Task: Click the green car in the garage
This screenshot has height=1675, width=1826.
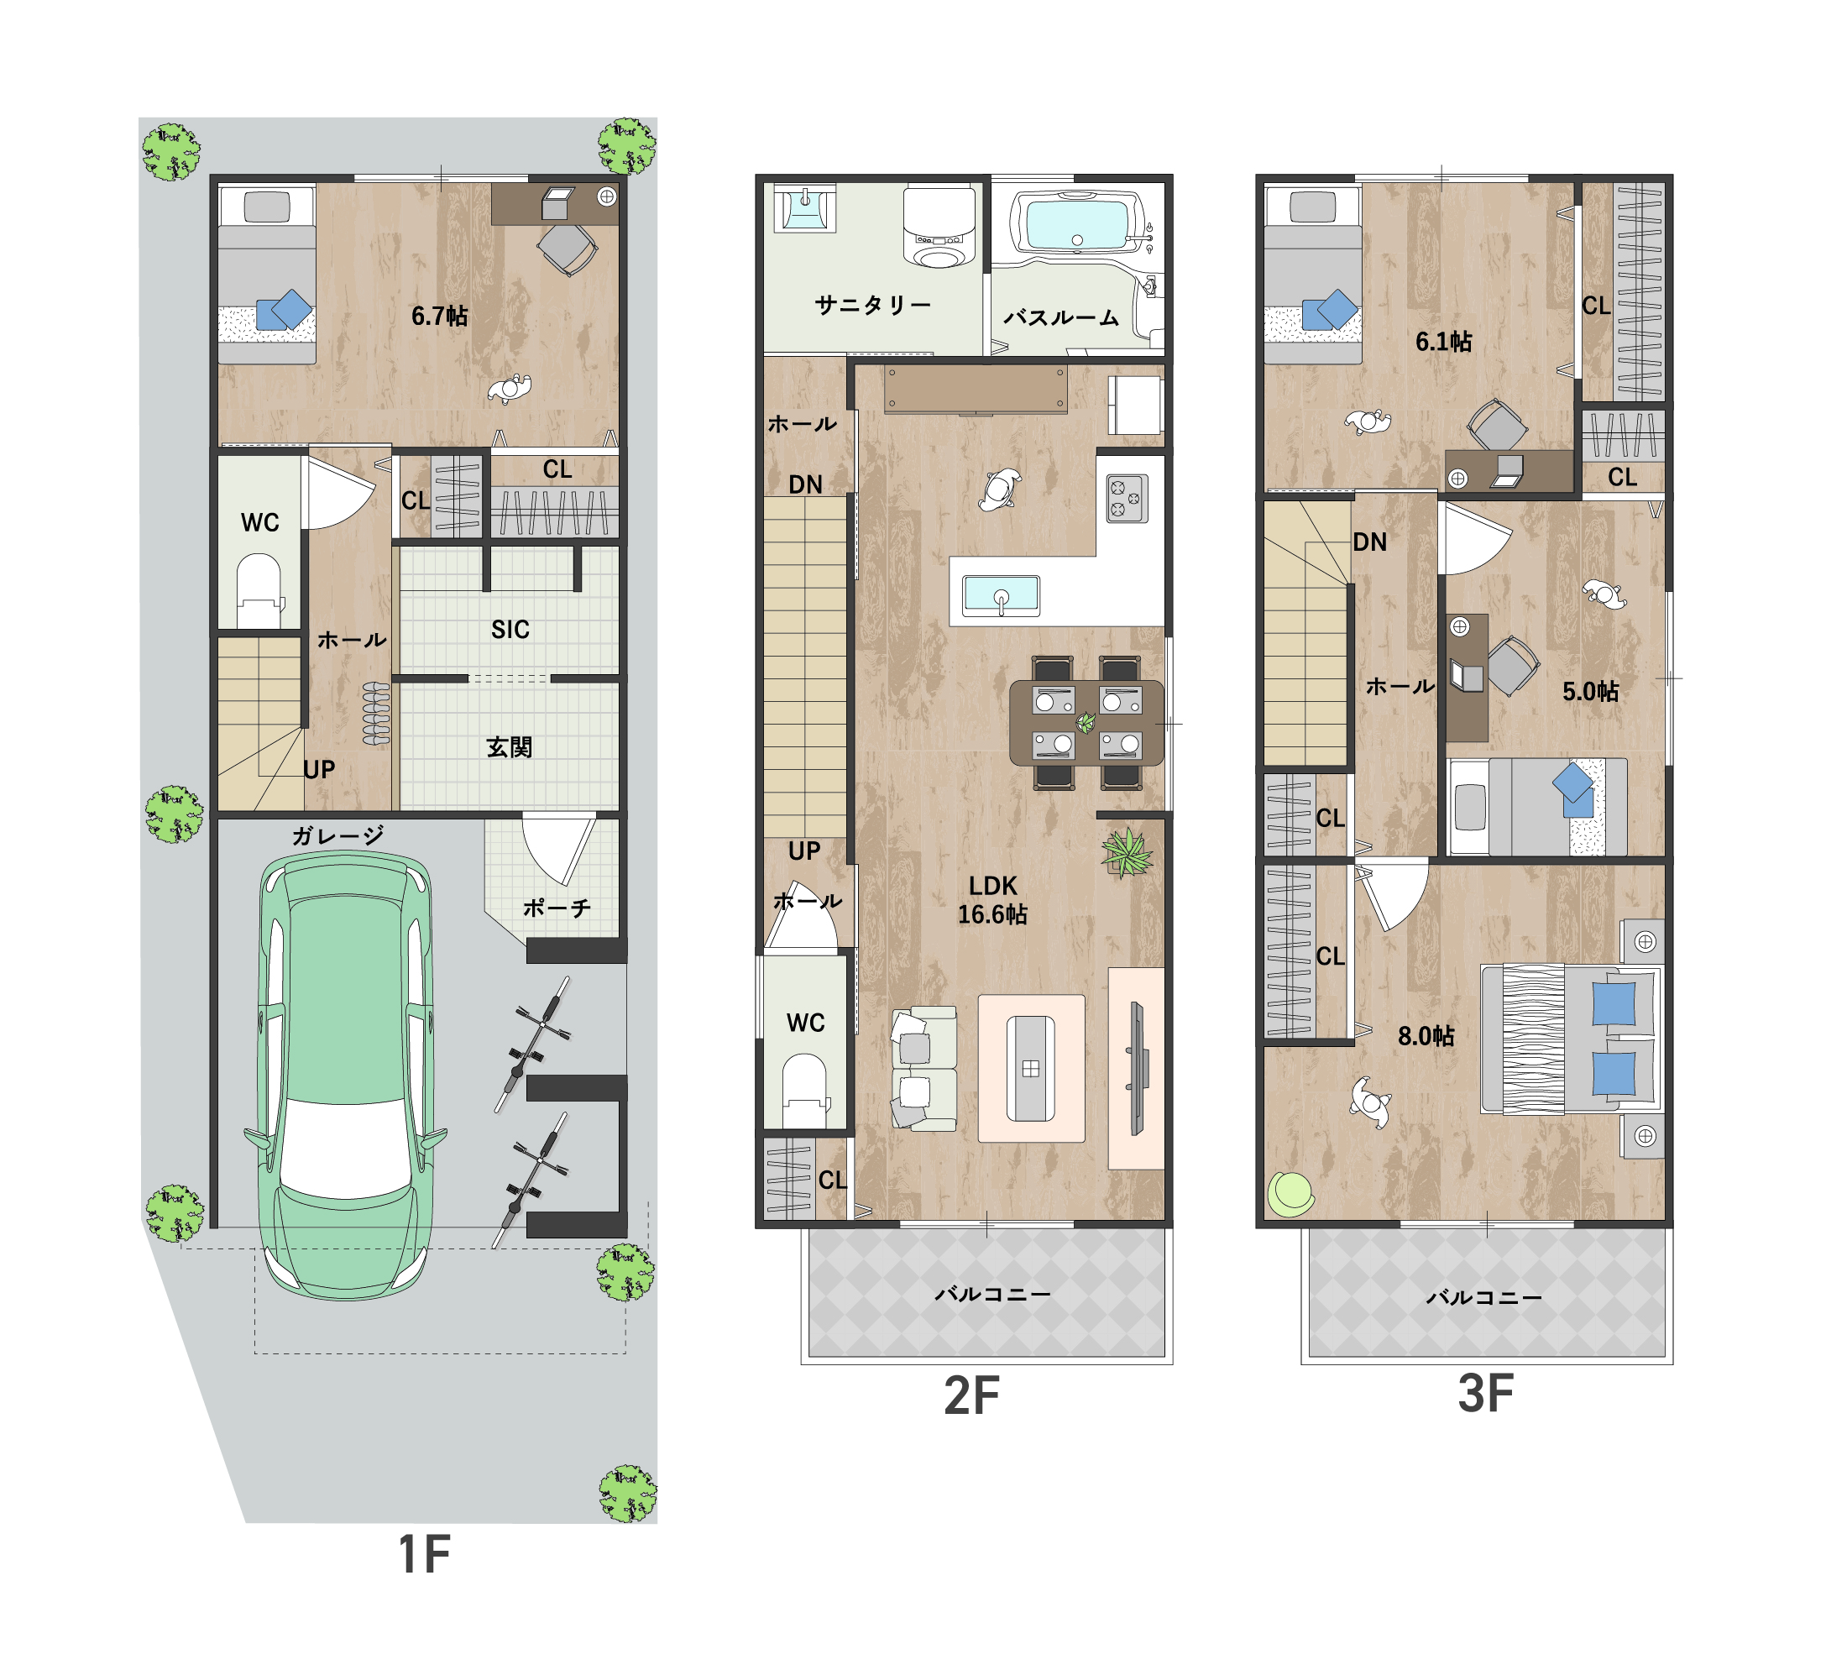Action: [x=345, y=1076]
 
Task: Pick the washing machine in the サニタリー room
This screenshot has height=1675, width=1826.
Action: [x=939, y=227]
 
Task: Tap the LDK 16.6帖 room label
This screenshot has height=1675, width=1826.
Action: [x=992, y=900]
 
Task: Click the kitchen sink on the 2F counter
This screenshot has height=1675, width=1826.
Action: [x=1001, y=596]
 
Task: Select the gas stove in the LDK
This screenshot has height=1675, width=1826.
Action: [x=1127, y=499]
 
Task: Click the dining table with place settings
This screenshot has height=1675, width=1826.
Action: [x=1086, y=722]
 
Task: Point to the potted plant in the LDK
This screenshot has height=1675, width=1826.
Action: [x=1127, y=853]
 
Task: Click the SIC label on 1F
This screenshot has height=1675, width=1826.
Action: [x=510, y=630]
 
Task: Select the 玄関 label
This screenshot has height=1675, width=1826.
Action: [x=510, y=748]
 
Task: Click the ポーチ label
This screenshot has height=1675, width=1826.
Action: [x=557, y=908]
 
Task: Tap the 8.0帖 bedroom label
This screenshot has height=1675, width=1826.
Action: [x=1426, y=1036]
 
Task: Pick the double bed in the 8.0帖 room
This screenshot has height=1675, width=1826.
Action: [x=1571, y=1039]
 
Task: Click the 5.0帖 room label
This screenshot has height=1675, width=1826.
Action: [x=1590, y=692]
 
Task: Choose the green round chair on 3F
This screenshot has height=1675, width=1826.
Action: [x=1290, y=1194]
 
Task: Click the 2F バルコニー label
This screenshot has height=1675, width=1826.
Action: [x=993, y=1295]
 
